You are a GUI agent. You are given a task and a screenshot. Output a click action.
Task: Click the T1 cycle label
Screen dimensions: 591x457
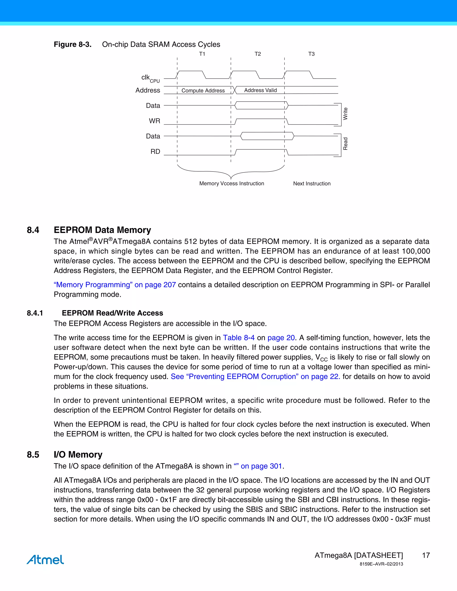point(202,54)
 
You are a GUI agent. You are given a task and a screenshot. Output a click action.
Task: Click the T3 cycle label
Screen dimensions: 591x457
point(311,54)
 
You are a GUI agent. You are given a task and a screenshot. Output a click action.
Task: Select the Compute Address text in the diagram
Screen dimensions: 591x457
point(203,90)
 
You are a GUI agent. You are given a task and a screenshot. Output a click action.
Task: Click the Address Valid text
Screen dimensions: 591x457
point(260,90)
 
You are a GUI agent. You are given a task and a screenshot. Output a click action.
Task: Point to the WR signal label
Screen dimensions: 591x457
point(154,121)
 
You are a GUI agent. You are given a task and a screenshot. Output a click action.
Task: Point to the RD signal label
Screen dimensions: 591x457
point(155,151)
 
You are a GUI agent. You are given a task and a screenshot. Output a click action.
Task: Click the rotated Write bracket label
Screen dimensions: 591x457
point(345,114)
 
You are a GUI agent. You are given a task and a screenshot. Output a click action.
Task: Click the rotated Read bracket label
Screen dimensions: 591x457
point(345,144)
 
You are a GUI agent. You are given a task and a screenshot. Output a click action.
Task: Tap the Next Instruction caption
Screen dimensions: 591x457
point(312,184)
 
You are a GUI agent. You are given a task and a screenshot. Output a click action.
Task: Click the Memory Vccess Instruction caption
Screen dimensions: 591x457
point(231,184)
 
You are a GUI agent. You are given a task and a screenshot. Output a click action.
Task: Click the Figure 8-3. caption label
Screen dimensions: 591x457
point(73,44)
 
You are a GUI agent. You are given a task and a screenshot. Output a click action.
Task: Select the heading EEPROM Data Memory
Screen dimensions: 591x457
point(102,230)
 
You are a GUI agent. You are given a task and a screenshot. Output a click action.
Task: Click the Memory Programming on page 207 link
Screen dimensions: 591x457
point(115,285)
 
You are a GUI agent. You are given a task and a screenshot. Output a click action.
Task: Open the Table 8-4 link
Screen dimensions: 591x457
point(239,338)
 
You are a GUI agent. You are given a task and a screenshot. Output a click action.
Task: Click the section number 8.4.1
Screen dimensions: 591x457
point(35,313)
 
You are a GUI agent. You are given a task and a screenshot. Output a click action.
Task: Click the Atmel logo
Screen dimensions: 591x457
point(45,559)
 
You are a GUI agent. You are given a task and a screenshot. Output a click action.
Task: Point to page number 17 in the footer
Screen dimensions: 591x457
point(426,555)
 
